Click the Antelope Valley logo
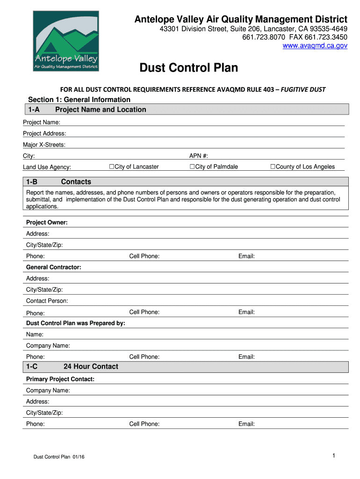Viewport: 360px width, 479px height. [x=65, y=41]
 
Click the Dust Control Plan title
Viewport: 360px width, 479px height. [x=189, y=68]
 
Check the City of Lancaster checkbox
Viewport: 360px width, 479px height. [x=112, y=167]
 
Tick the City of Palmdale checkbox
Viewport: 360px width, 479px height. [x=192, y=167]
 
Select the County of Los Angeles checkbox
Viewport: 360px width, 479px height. [x=273, y=167]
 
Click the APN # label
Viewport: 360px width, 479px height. [x=198, y=156]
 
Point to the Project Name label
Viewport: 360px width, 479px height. [x=42, y=123]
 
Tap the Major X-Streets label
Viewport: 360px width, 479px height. [x=44, y=145]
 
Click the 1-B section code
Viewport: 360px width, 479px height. [x=32, y=182]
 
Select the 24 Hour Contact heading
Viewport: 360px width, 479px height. [x=91, y=367]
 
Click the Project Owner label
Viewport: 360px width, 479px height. [x=47, y=223]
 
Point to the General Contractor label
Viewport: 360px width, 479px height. [x=54, y=268]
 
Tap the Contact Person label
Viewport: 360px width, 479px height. [x=47, y=301]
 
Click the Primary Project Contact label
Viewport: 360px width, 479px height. [x=60, y=379]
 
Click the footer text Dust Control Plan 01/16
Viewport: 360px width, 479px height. [x=58, y=457]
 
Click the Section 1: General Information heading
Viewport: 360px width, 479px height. [x=79, y=100]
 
